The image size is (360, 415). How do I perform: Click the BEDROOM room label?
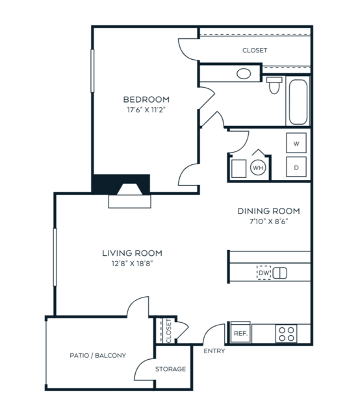coord(146,99)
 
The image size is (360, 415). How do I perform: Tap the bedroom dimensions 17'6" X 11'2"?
coord(146,110)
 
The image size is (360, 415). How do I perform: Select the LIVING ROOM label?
coord(132,253)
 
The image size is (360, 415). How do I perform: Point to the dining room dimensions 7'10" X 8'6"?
coord(268,221)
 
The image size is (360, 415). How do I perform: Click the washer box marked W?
coord(296,143)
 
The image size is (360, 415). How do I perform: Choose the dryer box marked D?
coord(296,167)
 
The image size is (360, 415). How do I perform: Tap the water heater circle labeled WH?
coord(258,168)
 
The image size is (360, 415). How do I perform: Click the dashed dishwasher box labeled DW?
coord(264,273)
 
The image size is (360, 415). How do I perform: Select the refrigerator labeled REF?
coord(240,333)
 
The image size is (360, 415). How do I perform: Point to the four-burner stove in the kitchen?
coord(286,334)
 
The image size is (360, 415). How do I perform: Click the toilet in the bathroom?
coord(274,85)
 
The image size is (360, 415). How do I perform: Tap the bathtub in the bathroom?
coord(298,102)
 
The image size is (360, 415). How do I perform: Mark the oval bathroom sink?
coord(244,74)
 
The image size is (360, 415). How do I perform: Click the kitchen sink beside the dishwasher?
coord(279,273)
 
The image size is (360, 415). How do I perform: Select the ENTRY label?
coord(214,351)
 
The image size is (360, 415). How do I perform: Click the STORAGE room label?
coord(171,369)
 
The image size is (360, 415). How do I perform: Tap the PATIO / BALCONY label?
coord(97,355)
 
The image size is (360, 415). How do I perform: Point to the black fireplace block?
coord(121,184)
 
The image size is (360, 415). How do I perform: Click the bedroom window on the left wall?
coord(92,71)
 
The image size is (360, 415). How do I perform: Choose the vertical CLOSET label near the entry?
coord(169,331)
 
